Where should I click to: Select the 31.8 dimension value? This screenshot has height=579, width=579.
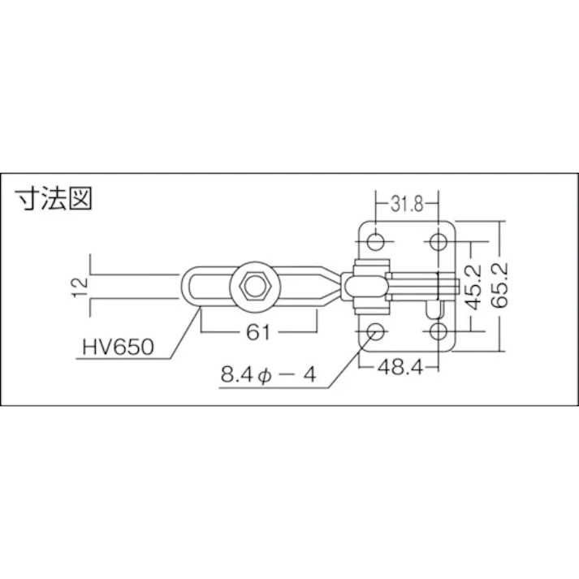(x=406, y=204)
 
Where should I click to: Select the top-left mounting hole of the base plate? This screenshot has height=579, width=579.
(x=376, y=241)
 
